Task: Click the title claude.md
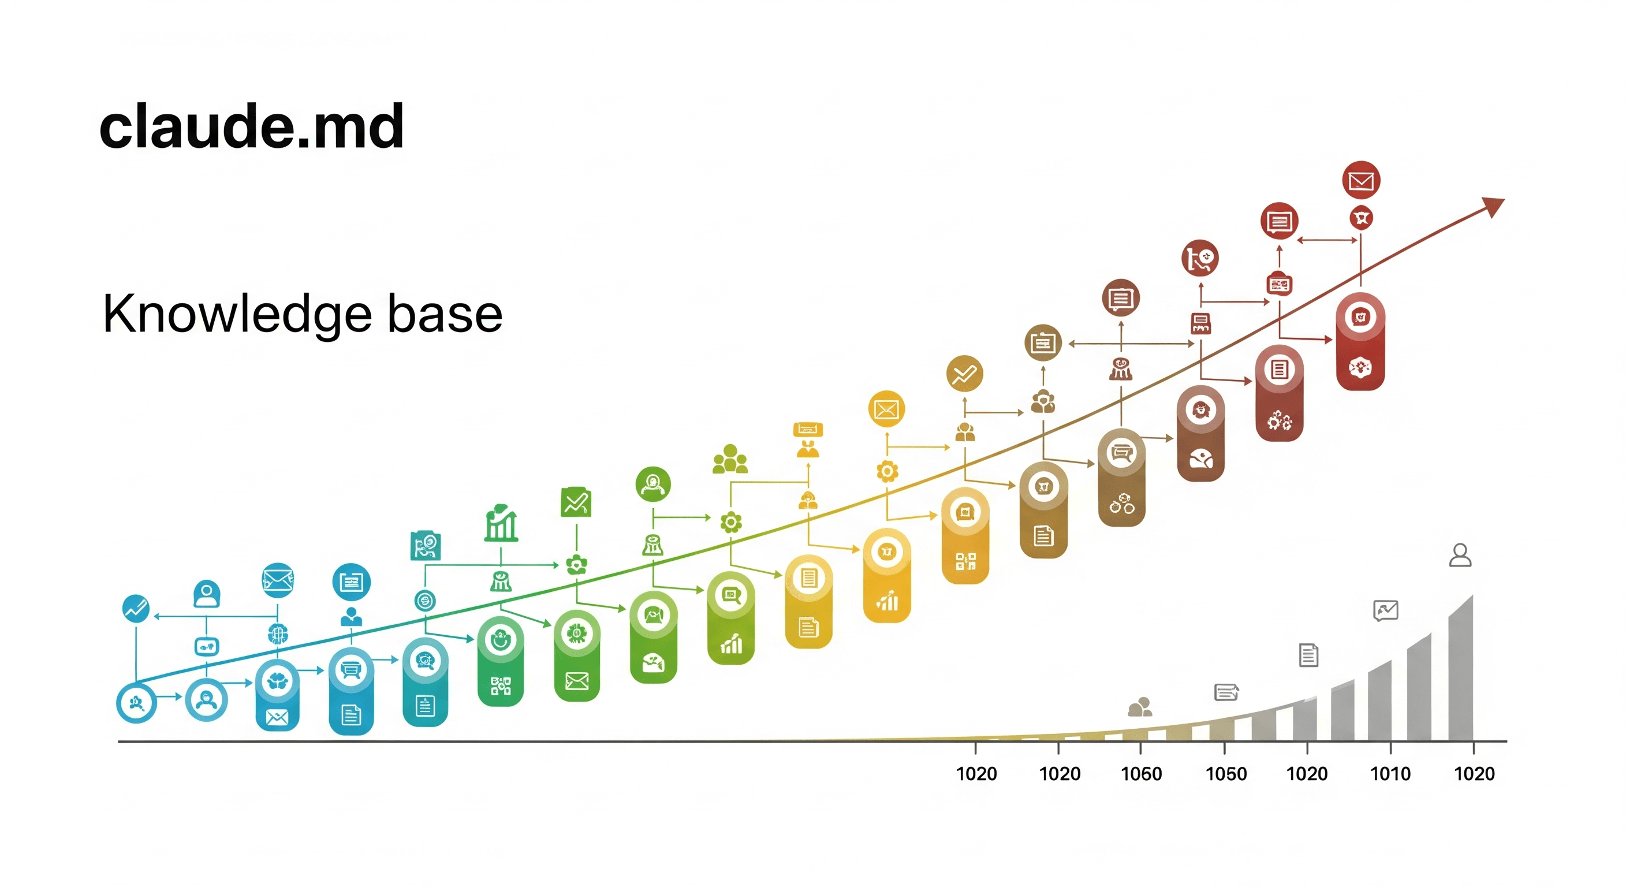251,128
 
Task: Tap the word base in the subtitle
445,314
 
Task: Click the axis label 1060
1140,773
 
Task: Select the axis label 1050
1226,773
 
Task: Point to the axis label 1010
1390,773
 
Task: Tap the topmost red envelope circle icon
1361,181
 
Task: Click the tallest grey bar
1461,669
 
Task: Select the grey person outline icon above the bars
1460,556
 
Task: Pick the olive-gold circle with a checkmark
964,374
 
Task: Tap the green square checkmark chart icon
576,502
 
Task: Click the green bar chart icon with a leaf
501,523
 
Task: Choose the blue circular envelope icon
278,580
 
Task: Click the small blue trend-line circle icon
136,609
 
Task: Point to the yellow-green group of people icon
730,460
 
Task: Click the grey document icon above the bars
1308,655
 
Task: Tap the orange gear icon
887,471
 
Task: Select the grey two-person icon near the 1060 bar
1140,707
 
